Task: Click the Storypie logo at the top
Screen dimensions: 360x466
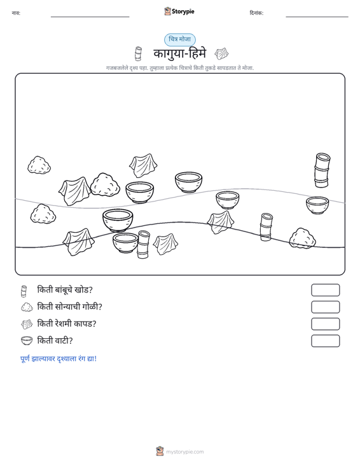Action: point(179,11)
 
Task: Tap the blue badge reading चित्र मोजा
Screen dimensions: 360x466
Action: point(180,39)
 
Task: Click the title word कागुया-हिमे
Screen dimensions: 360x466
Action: point(179,54)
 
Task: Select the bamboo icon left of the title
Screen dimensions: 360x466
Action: point(138,54)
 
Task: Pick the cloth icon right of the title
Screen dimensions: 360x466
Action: point(221,54)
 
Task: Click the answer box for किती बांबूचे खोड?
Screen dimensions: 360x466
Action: point(325,290)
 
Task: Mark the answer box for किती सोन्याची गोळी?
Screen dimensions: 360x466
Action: point(325,307)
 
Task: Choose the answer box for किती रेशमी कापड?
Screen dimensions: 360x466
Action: point(325,324)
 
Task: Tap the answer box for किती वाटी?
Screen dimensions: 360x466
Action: point(325,341)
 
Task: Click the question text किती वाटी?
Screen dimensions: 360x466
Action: point(55,341)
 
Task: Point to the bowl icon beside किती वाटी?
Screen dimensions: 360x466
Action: point(27,341)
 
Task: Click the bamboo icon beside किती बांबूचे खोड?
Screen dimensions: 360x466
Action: point(24,291)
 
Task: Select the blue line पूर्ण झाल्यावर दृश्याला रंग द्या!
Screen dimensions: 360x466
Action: point(59,359)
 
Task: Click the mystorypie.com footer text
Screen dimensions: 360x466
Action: point(184,452)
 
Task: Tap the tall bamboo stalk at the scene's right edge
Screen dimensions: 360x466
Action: point(322,170)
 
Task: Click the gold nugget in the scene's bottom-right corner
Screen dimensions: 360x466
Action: point(302,238)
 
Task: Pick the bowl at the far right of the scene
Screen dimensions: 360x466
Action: point(317,205)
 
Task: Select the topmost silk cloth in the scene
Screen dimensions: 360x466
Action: point(143,165)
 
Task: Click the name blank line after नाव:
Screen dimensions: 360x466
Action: point(90,17)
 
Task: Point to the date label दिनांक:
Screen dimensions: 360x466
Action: point(256,13)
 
